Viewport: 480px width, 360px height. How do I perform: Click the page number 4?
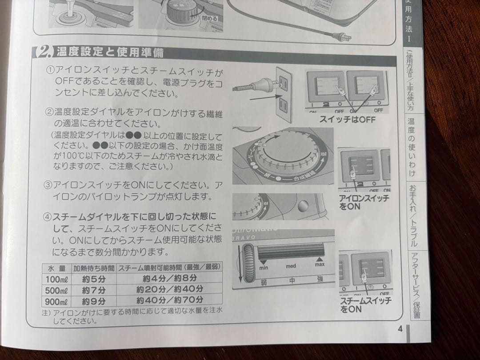(400, 329)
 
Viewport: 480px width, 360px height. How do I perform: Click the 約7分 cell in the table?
(94, 289)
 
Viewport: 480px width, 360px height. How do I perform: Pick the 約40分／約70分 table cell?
(169, 300)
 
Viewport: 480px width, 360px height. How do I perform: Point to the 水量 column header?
(56, 268)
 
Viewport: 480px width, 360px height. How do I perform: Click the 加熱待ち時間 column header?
(94, 268)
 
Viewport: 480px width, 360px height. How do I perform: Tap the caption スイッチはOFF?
(347, 120)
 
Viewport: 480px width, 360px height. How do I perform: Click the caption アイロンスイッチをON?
(363, 202)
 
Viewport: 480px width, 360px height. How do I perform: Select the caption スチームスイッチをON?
(365, 305)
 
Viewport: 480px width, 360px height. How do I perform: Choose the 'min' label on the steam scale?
(264, 268)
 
